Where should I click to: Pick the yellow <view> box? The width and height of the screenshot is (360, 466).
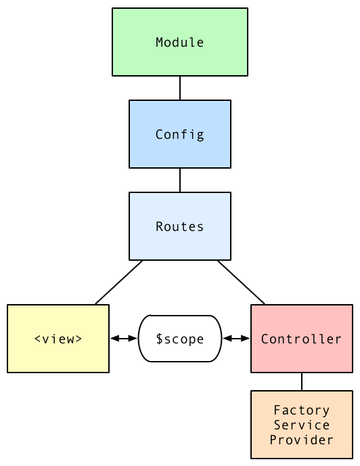(58, 356)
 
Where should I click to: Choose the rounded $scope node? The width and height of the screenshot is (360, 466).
(180, 352)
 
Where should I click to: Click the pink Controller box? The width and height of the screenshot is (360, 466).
(302, 356)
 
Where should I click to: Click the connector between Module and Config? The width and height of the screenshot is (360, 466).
(180, 88)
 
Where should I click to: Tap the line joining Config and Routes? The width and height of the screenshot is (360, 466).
(180, 180)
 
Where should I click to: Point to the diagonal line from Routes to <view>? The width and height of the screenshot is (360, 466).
(119, 282)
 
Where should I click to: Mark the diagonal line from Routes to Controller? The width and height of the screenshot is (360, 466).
(241, 282)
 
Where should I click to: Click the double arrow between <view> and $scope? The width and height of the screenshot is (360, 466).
(123, 339)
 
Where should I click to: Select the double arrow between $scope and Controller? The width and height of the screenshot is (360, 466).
(237, 339)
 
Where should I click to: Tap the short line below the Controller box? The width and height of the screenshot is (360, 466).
(302, 381)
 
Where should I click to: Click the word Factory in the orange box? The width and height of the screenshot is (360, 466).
(302, 410)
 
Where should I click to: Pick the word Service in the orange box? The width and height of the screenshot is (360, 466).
(302, 425)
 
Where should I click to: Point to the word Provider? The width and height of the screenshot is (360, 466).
(302, 440)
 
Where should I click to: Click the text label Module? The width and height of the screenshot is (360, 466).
(180, 43)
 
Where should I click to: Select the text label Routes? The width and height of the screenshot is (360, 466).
(180, 227)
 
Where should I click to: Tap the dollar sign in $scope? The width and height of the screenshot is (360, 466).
(159, 339)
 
